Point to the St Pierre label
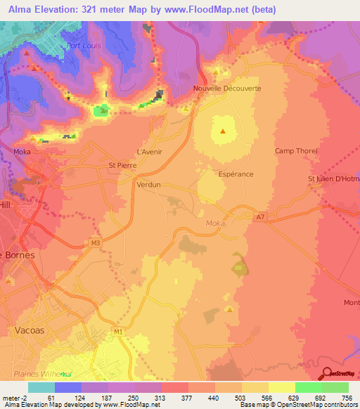[x=122, y=165]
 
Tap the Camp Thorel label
[x=296, y=151]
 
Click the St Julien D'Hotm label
[x=333, y=179]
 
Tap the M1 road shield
[x=117, y=330]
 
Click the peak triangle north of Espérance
[x=223, y=131]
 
